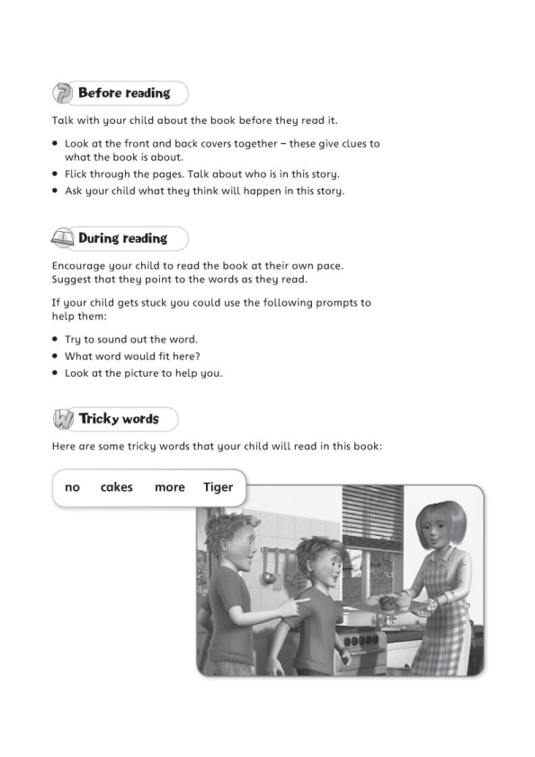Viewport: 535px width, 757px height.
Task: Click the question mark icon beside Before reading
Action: [x=64, y=94]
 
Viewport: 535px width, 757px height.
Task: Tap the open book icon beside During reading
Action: [x=64, y=239]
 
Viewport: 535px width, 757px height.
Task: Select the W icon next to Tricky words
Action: [x=64, y=420]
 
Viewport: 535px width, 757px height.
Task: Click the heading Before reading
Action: [x=124, y=94]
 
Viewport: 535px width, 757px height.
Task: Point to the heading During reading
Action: [x=122, y=239]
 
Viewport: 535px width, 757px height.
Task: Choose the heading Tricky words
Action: [x=119, y=420]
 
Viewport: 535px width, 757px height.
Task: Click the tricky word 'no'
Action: [x=73, y=487]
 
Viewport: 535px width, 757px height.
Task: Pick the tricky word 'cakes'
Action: [x=117, y=487]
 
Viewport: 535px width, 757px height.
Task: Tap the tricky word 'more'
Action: [x=170, y=487]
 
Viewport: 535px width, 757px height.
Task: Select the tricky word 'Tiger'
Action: [x=218, y=487]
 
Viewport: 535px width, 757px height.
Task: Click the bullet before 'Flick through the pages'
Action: [x=56, y=174]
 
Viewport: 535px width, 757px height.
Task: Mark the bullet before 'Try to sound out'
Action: [x=56, y=340]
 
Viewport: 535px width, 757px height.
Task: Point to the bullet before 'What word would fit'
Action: [x=56, y=357]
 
